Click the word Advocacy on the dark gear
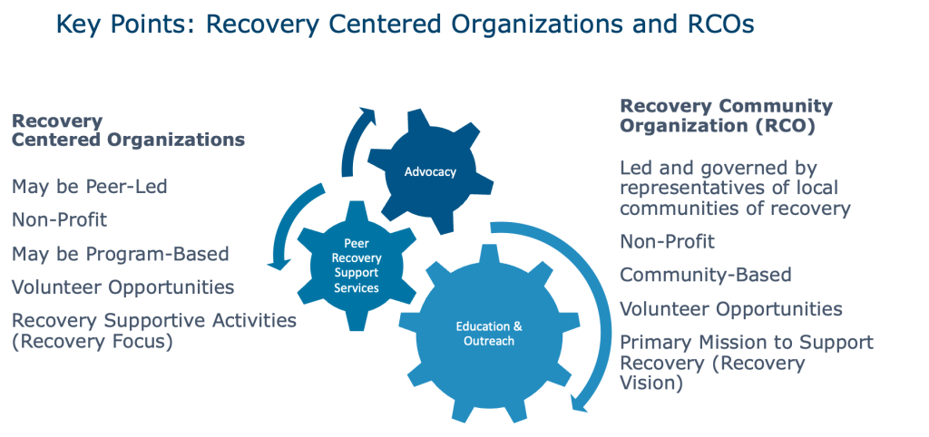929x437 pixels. tap(429, 171)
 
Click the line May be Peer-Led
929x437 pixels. tap(89, 188)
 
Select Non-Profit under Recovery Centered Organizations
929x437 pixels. tap(60, 220)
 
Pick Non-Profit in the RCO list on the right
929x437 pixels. tap(667, 241)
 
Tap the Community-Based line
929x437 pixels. tap(706, 275)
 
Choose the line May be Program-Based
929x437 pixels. tap(120, 253)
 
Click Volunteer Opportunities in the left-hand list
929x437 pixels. tap(122, 287)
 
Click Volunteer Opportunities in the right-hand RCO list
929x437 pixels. tap(730, 309)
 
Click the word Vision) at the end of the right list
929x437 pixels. tap(650, 383)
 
